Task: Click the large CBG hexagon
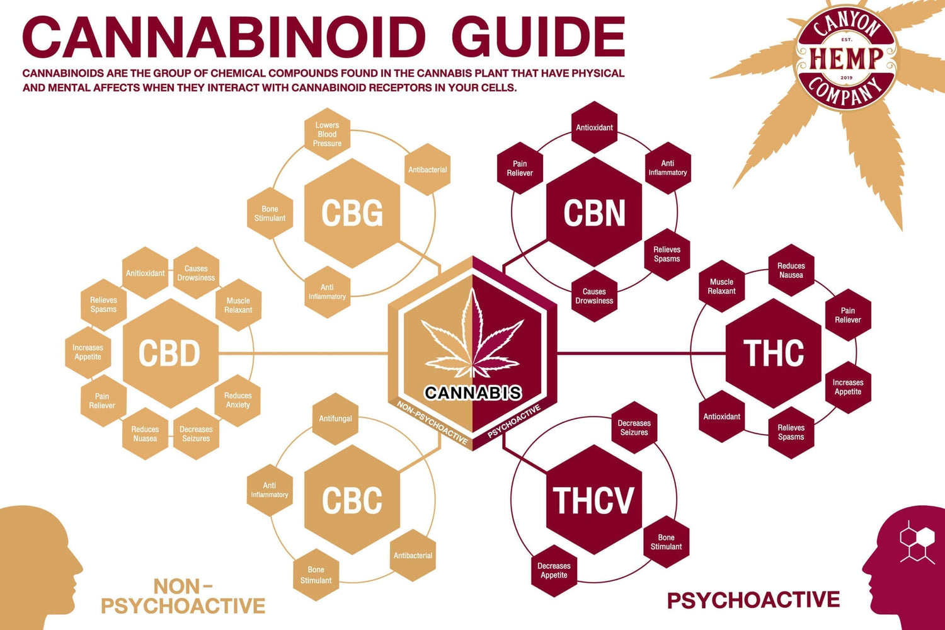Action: tap(352, 213)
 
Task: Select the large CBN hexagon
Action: tap(594, 213)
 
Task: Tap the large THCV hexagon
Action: tap(593, 500)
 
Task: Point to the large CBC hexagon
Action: tap(352, 500)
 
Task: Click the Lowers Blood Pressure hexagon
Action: tap(328, 134)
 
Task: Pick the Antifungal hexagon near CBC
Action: tap(335, 418)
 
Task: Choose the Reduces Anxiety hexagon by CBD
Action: tap(238, 400)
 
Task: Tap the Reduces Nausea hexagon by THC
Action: tap(791, 270)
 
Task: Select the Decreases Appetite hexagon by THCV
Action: tap(554, 570)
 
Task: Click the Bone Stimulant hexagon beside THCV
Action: tap(666, 542)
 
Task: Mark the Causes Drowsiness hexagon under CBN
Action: tap(594, 296)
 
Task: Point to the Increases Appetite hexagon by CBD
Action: tap(88, 352)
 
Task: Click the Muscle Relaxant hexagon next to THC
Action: tap(722, 287)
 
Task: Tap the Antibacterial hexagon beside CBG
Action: tap(428, 169)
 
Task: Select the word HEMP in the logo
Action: tap(846, 59)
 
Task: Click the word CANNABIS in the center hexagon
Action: tap(472, 392)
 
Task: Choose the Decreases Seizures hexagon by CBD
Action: tap(196, 433)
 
